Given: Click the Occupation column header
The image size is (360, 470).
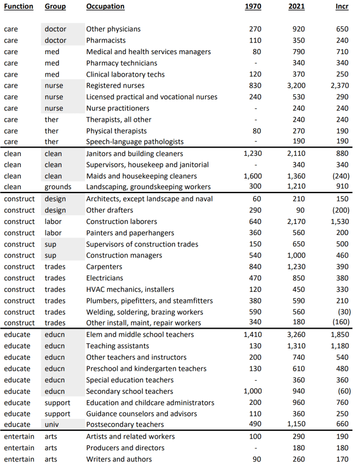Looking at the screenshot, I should tap(105, 6).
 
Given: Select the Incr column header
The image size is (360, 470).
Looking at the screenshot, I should tap(342, 6).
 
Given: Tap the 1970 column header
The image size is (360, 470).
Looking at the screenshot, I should tap(253, 6).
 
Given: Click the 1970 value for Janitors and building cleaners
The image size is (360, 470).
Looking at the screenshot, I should tap(252, 154).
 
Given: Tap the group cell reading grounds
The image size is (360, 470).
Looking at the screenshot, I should tap(58, 187).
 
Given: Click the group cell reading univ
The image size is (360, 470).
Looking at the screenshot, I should tap(52, 425).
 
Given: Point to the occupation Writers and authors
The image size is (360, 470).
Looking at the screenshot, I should tap(119, 459).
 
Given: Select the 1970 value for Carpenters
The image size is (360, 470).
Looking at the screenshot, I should tap(255, 267).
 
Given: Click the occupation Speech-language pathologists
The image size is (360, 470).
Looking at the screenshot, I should tap(135, 142).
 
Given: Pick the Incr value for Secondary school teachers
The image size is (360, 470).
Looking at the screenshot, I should tap(343, 392).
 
